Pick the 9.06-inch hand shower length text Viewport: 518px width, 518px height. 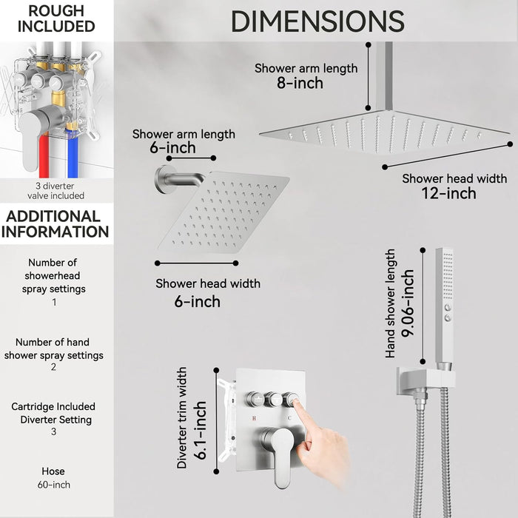point(406,304)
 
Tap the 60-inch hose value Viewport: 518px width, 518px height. point(56,485)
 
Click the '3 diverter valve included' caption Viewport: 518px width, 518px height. point(52,190)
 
